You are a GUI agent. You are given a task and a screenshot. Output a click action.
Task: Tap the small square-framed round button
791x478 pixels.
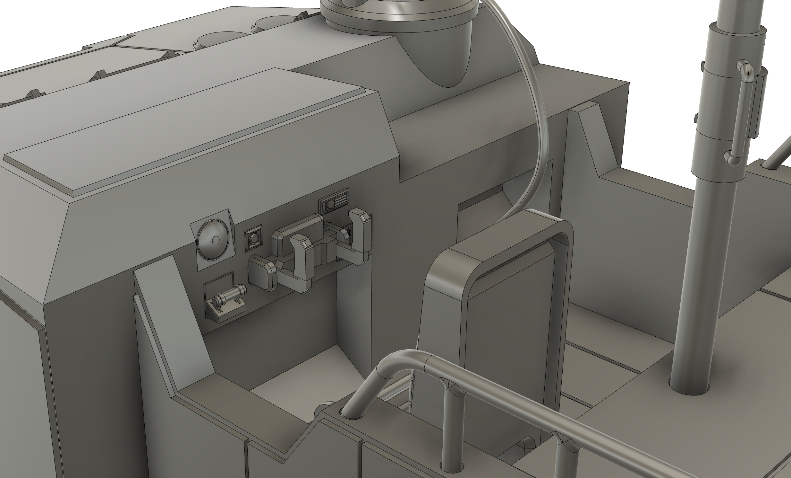[254, 238]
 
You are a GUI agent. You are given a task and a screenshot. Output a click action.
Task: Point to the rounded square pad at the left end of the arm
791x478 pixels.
[262, 272]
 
